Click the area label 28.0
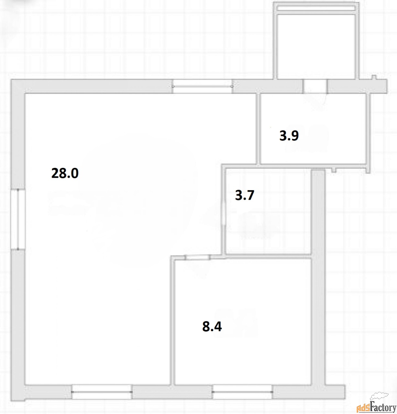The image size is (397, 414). point(65,173)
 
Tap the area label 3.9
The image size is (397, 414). point(289,136)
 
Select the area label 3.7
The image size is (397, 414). point(245,195)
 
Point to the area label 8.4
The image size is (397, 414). point(212,327)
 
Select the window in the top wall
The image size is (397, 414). point(202,86)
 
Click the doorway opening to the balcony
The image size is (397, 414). point(315,86)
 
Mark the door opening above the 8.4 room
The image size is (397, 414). point(197,257)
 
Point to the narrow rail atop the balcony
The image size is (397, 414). point(316,8)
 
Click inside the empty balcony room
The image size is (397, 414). point(316,47)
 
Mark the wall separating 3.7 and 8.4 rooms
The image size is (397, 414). point(269,256)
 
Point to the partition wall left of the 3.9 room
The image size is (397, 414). point(258,129)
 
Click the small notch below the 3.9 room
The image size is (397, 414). point(334,170)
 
